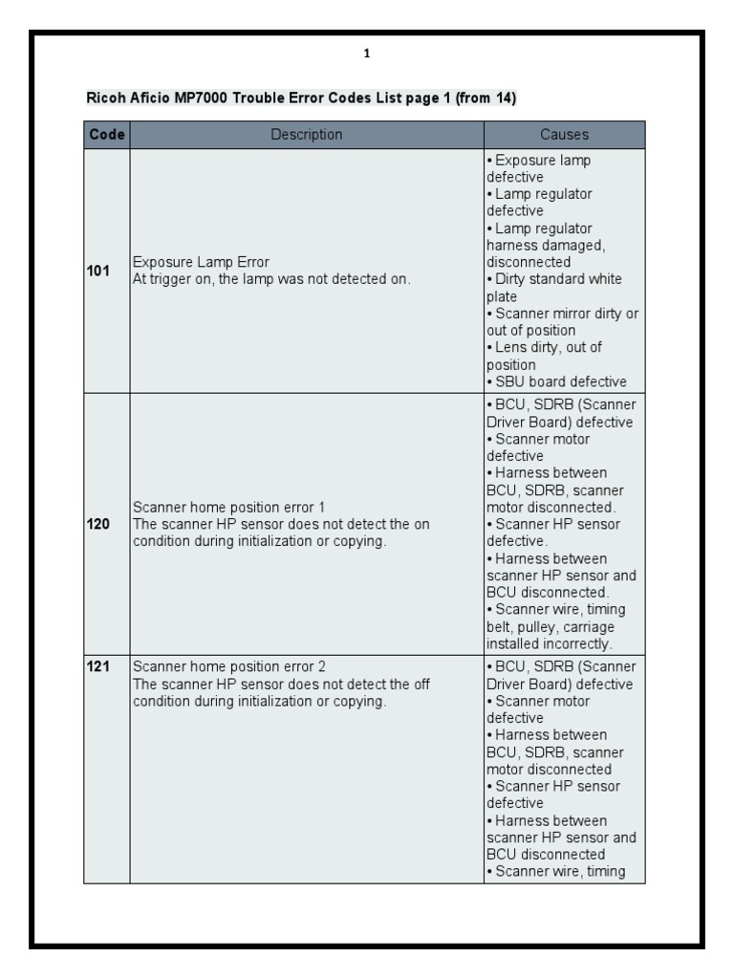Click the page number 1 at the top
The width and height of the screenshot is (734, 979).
click(367, 54)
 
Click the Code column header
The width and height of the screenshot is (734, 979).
click(106, 135)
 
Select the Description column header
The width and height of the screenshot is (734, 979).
click(306, 135)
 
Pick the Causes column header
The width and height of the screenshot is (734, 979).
click(564, 135)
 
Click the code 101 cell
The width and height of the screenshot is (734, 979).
click(98, 271)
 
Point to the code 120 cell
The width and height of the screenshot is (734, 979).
click(98, 524)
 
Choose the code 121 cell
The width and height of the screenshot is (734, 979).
click(98, 666)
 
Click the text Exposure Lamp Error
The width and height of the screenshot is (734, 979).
click(201, 262)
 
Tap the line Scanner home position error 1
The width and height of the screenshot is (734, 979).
click(234, 507)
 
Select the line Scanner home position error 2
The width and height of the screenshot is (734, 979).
click(234, 666)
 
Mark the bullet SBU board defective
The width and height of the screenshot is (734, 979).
click(559, 381)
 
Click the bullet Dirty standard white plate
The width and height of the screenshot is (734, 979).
click(554, 288)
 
